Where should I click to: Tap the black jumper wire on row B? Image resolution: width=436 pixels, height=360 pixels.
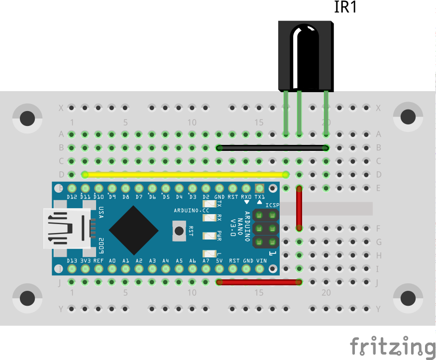(x=272, y=148)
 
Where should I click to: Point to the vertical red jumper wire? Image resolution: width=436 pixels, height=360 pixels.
(x=299, y=208)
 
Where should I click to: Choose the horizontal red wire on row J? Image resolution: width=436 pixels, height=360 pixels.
(x=259, y=282)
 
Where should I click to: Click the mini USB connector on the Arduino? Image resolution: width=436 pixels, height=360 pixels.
(x=64, y=229)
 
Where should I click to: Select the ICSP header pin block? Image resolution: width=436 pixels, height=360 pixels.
(x=266, y=229)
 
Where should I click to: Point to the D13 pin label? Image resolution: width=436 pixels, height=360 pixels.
(x=72, y=260)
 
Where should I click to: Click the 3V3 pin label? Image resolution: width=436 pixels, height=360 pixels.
(x=85, y=260)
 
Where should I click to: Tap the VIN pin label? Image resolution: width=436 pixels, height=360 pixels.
(x=261, y=260)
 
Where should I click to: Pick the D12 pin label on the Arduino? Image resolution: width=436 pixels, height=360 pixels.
(x=72, y=197)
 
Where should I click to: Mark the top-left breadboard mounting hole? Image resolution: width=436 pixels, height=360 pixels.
(x=27, y=118)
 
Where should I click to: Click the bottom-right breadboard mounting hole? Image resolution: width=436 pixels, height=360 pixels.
(x=408, y=298)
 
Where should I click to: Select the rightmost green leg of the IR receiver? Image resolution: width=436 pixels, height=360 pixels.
(x=326, y=113)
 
